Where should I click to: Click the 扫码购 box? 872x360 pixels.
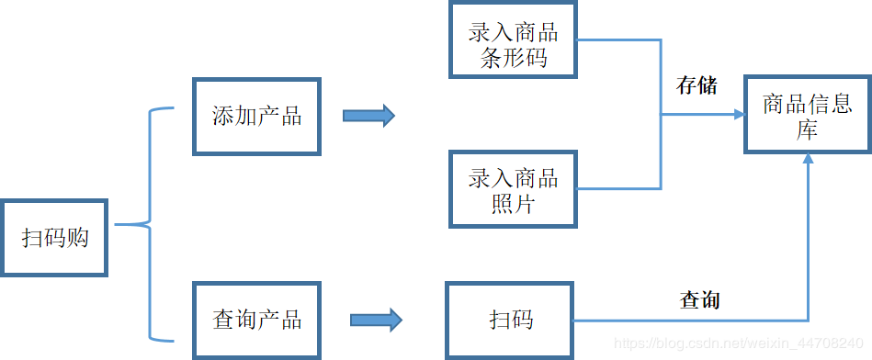(55, 237)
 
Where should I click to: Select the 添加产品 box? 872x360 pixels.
(256, 117)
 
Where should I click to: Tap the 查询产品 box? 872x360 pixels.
(256, 320)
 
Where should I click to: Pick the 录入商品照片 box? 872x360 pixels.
(513, 189)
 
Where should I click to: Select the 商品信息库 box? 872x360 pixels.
(807, 115)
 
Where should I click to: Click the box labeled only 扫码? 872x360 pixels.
(510, 320)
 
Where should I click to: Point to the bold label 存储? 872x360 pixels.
(696, 86)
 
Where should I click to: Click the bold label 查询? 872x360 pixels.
(699, 299)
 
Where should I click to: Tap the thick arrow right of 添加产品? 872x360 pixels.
(368, 116)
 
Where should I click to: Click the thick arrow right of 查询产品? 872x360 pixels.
(376, 320)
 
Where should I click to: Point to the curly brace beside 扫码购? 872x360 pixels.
(147, 224)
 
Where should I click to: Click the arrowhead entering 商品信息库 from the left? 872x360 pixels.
(739, 115)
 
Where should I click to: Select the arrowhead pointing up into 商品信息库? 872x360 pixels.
(808, 160)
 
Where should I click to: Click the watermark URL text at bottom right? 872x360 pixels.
(741, 343)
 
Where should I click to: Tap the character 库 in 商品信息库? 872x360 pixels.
(807, 129)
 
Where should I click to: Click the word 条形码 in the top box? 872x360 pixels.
(513, 58)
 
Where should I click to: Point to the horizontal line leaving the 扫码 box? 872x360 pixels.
(689, 321)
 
